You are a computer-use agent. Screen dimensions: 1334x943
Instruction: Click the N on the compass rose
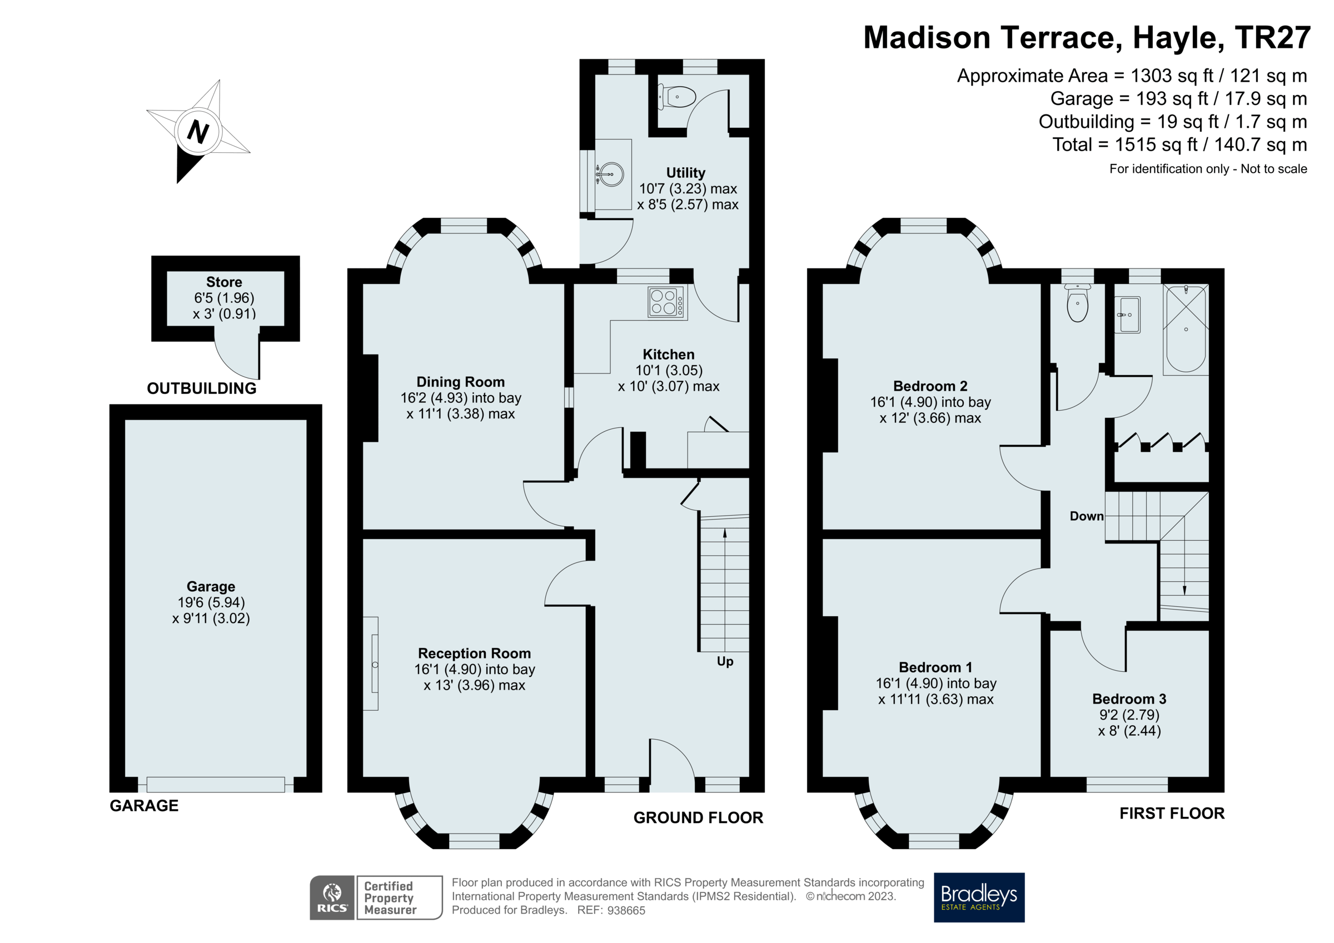(197, 132)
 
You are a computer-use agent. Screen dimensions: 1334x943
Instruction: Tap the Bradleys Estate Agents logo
(978, 897)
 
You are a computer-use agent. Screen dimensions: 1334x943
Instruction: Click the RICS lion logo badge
(332, 897)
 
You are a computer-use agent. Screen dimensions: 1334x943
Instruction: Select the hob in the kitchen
(666, 302)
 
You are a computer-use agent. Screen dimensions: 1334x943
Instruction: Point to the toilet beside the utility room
(677, 97)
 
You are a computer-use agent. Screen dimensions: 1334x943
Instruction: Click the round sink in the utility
(610, 174)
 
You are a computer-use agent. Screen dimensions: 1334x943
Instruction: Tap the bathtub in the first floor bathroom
(1185, 329)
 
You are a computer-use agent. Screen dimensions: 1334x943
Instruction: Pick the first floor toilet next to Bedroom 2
(1077, 303)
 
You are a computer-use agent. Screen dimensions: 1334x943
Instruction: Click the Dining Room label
(461, 382)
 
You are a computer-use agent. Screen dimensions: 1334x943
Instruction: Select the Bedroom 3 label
(1129, 698)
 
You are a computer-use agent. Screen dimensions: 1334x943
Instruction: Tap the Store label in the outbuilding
(224, 282)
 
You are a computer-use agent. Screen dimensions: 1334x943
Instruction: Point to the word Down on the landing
(1087, 516)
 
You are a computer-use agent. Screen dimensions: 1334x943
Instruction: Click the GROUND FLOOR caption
(698, 817)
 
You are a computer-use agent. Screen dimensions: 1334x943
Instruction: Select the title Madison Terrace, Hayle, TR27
(1087, 37)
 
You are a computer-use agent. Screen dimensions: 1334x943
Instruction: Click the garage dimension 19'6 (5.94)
(211, 602)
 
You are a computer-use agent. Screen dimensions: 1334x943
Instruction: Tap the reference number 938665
(626, 910)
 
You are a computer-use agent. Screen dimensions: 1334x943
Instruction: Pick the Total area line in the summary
(1179, 144)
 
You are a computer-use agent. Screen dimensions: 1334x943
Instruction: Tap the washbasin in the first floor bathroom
(1129, 315)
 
